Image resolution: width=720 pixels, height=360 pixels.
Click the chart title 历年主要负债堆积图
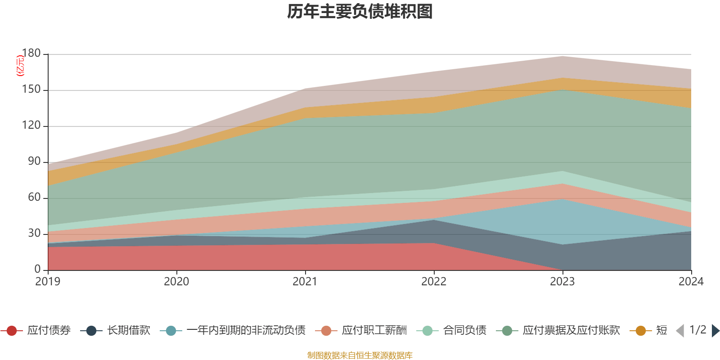pos(360,12)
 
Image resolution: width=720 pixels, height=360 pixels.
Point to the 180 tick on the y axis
pos(31,54)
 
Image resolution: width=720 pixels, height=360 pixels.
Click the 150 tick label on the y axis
pos(31,90)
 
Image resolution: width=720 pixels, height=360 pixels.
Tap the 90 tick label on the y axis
pos(34,162)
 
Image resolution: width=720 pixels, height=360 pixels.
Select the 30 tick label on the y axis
pos(34,234)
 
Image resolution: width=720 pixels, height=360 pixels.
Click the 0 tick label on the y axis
pos(37,270)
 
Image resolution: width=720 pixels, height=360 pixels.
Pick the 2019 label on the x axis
pos(48,282)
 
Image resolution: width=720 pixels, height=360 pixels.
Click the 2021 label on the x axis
pos(305,282)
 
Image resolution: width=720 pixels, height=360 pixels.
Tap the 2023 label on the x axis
pos(562,282)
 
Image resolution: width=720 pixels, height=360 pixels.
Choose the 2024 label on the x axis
pos(691,282)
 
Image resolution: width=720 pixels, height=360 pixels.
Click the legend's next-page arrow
pos(715,331)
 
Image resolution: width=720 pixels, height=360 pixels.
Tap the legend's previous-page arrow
pos(680,331)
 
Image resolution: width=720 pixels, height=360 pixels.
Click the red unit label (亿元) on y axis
pos(20,66)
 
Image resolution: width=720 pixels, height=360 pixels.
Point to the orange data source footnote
pos(360,355)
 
